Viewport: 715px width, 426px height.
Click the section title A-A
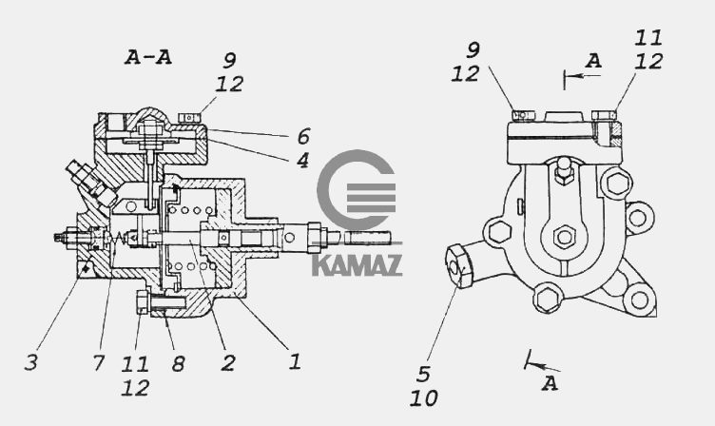(148, 57)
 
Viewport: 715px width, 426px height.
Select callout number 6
(303, 136)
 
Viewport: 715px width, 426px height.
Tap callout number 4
(301, 160)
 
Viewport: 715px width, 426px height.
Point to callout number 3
(30, 362)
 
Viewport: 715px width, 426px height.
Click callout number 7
(99, 363)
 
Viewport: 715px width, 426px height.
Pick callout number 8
(178, 363)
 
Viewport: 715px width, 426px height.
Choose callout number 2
(228, 362)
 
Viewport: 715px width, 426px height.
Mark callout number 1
(295, 361)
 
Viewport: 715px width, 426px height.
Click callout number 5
(423, 375)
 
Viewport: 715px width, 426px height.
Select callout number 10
(424, 398)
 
